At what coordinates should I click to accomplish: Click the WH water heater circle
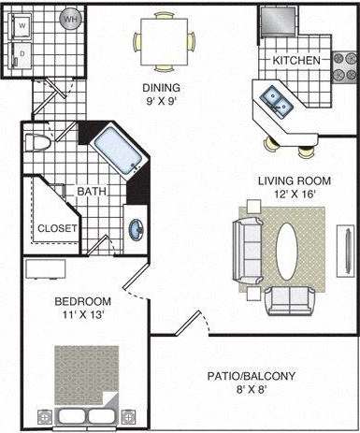[71, 18]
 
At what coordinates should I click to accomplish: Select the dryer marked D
[22, 54]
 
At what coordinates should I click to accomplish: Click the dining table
[165, 41]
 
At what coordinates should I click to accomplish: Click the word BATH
[91, 192]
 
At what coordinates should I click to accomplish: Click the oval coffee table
[290, 249]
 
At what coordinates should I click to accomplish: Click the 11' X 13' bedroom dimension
[82, 316]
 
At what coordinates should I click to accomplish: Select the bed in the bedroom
[85, 386]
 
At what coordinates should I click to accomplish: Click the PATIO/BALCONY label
[252, 376]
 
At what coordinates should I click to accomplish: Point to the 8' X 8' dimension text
[252, 391]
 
